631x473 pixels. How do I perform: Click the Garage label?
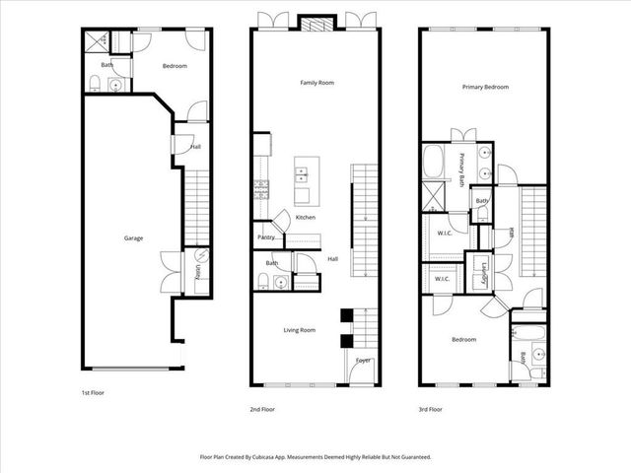click(133, 238)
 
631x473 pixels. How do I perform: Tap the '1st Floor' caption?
click(93, 393)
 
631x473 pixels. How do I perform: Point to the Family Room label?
click(316, 83)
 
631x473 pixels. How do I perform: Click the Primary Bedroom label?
click(485, 87)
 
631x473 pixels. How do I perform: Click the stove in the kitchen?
click(261, 187)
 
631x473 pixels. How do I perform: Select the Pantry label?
click(266, 237)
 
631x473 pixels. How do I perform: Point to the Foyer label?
click(364, 360)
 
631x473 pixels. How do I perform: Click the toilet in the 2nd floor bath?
click(259, 282)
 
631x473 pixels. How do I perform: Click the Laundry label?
click(486, 274)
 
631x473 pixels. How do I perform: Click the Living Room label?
click(299, 330)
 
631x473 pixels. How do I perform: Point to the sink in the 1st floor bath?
click(117, 86)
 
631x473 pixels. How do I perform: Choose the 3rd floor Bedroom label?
click(463, 339)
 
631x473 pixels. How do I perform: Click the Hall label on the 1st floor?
click(196, 147)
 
